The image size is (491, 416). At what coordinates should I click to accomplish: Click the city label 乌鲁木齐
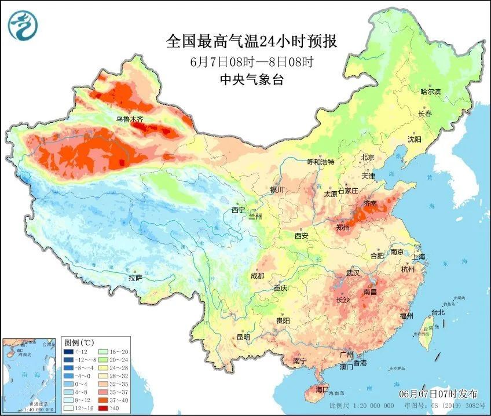coord(129,119)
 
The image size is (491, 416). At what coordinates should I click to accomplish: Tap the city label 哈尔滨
coord(430,92)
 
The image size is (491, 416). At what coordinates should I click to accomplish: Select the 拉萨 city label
coord(135,278)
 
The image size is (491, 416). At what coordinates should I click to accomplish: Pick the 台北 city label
coord(437,312)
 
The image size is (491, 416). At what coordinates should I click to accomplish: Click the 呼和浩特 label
coord(320,162)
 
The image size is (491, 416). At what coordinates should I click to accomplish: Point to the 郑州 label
coord(343,228)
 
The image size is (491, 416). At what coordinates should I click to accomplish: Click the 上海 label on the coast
coord(419,256)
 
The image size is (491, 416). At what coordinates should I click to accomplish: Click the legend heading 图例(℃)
coord(75,342)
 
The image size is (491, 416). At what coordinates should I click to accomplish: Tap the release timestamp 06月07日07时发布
coord(441,393)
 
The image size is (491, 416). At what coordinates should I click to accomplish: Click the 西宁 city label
coord(239,210)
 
